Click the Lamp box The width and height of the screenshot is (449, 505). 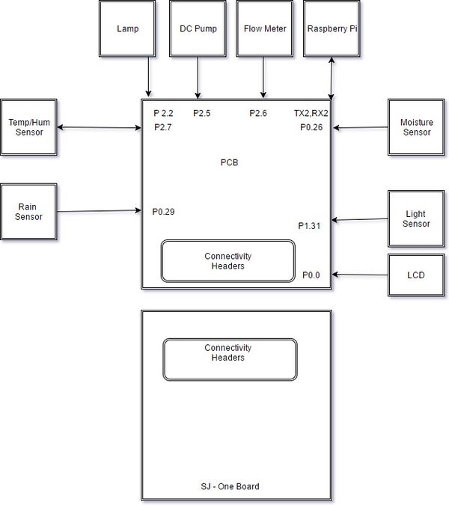point(127,28)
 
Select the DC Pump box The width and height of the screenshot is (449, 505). point(198,28)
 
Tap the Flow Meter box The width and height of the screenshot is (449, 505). point(265,28)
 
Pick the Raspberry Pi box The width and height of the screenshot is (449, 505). point(332,28)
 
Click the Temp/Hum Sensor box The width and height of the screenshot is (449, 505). point(29,127)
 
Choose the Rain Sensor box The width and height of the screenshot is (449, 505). point(29,212)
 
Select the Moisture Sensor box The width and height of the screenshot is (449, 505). point(417,127)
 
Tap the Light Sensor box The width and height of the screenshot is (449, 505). point(417,219)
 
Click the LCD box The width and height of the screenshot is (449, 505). point(417,275)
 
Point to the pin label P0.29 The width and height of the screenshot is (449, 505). point(163,212)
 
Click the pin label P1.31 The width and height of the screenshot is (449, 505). point(309,226)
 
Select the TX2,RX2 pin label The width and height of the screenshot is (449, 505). point(311,113)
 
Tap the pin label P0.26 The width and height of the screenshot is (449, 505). point(311,127)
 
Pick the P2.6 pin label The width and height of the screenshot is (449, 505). point(258,113)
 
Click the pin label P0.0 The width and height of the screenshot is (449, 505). point(311,275)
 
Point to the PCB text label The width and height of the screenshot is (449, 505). point(229,162)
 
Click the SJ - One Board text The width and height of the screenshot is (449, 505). point(230,486)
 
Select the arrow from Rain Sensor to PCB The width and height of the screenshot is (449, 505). point(100,211)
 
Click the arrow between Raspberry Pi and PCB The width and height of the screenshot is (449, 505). point(331,79)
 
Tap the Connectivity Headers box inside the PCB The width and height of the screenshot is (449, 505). point(228,261)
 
